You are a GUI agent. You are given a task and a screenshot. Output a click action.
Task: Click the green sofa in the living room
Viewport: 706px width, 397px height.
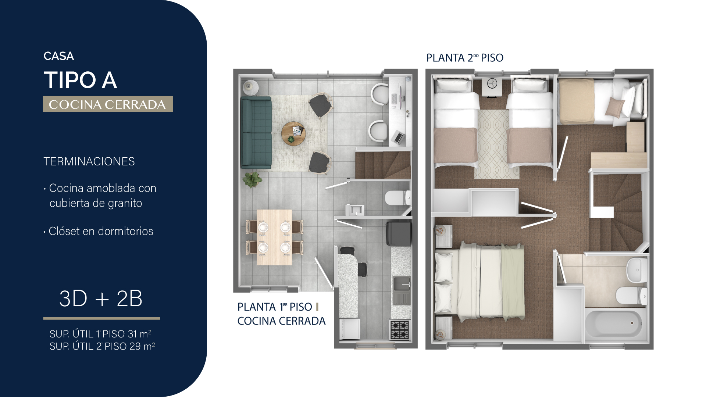(x=256, y=133)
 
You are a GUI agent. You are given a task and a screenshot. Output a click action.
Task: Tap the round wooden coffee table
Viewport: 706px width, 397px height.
(x=293, y=133)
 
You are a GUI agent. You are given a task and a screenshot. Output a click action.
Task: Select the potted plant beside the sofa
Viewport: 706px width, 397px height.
(x=252, y=179)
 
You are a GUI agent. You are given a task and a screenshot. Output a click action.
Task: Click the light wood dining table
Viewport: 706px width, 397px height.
(x=274, y=237)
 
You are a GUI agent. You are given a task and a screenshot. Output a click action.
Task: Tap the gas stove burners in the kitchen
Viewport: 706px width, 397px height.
(x=400, y=330)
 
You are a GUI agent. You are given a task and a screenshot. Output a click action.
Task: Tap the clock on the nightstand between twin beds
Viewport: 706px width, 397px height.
(x=492, y=83)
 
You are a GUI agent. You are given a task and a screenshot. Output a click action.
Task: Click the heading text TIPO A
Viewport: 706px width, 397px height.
(x=81, y=80)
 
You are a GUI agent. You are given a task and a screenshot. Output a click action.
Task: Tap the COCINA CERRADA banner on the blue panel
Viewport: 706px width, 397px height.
(x=108, y=104)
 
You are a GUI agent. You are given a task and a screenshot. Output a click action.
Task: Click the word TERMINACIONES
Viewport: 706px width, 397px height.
(x=89, y=161)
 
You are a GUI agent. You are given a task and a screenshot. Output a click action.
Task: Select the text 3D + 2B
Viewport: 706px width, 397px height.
(x=101, y=298)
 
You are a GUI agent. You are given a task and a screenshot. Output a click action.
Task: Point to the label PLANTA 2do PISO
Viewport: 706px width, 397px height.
(x=465, y=58)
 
